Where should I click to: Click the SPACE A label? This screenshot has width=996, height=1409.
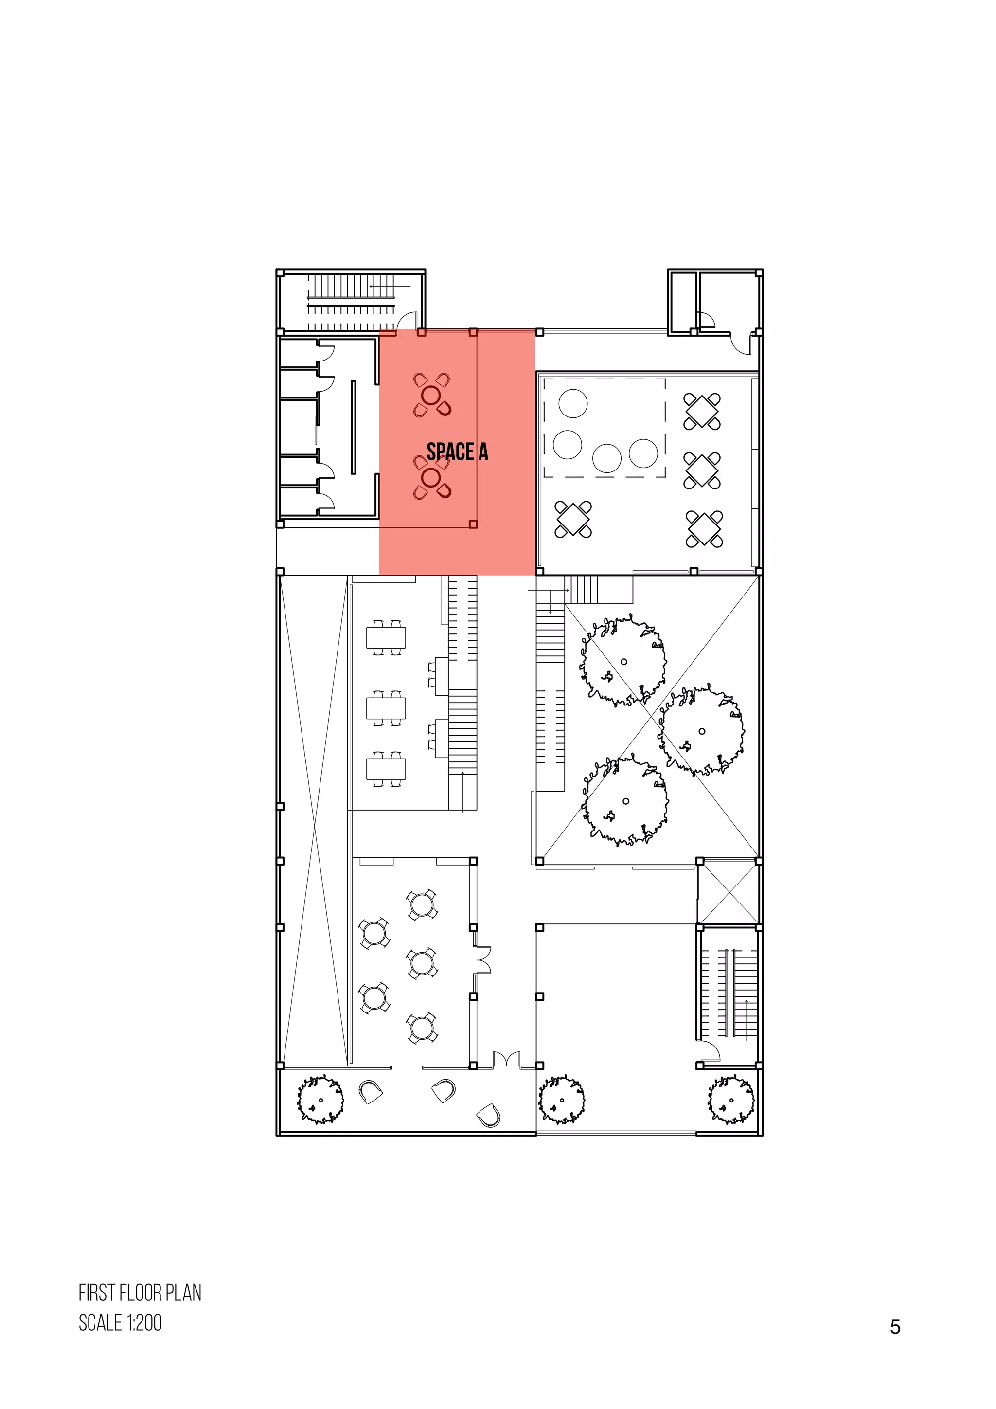click(457, 452)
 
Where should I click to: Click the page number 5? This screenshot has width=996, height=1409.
click(895, 1327)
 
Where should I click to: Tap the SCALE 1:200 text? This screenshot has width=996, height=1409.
click(120, 1322)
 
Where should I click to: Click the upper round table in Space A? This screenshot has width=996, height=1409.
click(431, 395)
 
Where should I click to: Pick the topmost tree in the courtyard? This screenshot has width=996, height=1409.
click(623, 661)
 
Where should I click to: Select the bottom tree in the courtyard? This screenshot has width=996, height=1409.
click(625, 801)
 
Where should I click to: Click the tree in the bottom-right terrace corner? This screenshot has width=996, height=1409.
click(730, 1099)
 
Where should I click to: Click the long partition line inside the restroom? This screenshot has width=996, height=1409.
click(353, 427)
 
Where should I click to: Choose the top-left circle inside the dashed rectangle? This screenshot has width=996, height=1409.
click(573, 404)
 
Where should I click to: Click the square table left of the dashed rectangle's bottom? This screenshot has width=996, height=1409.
click(573, 519)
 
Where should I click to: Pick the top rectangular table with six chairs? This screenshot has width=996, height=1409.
click(386, 638)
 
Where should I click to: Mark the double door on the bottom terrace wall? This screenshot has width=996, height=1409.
click(507, 1061)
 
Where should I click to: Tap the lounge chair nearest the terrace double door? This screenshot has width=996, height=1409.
click(488, 1115)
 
